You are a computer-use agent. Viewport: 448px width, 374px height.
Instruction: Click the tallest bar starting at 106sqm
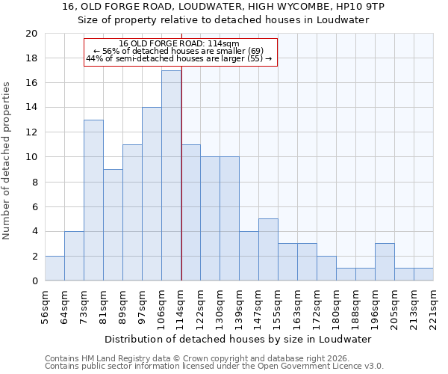click(x=171, y=176)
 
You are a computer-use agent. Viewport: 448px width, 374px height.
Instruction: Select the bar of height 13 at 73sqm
click(x=93, y=200)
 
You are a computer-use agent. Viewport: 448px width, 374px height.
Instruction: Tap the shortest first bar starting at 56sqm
click(x=55, y=269)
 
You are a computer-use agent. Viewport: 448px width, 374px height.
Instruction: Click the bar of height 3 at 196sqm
click(x=385, y=262)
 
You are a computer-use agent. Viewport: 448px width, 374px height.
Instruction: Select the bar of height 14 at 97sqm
click(x=152, y=194)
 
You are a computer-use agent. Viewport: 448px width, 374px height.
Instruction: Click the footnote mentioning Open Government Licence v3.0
click(x=214, y=367)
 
